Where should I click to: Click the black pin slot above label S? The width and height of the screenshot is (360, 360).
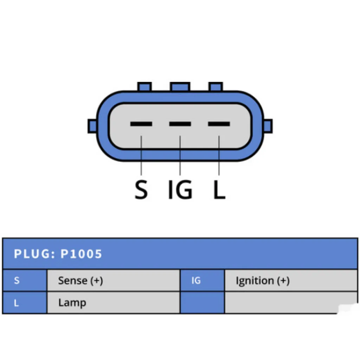(x=141, y=124)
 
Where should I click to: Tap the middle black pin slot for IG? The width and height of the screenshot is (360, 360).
(x=180, y=124)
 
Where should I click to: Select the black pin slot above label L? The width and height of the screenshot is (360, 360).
(x=219, y=124)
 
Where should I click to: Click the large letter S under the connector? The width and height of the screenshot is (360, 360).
(x=141, y=189)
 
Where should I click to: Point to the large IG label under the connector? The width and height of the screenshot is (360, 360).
(x=180, y=189)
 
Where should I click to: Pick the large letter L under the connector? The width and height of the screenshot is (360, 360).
(x=219, y=189)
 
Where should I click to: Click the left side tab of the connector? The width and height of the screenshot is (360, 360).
(x=92, y=126)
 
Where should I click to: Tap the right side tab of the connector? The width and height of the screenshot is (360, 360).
(x=268, y=126)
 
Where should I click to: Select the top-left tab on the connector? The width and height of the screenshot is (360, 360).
(x=144, y=87)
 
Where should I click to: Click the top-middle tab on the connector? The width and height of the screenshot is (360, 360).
(x=180, y=87)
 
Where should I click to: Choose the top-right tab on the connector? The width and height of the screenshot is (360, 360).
(x=216, y=87)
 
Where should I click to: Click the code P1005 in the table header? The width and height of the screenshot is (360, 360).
(x=81, y=254)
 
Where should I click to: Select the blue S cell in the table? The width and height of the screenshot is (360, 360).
(x=25, y=280)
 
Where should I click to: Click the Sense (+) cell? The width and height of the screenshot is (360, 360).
(x=114, y=280)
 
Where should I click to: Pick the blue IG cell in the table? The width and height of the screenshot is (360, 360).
(x=202, y=280)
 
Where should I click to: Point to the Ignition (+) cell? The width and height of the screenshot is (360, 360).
(x=291, y=280)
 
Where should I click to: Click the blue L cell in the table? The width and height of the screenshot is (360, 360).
(x=25, y=302)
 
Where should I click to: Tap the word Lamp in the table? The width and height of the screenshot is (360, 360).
(x=72, y=303)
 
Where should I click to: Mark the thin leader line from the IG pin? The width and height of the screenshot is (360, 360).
(x=180, y=155)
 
